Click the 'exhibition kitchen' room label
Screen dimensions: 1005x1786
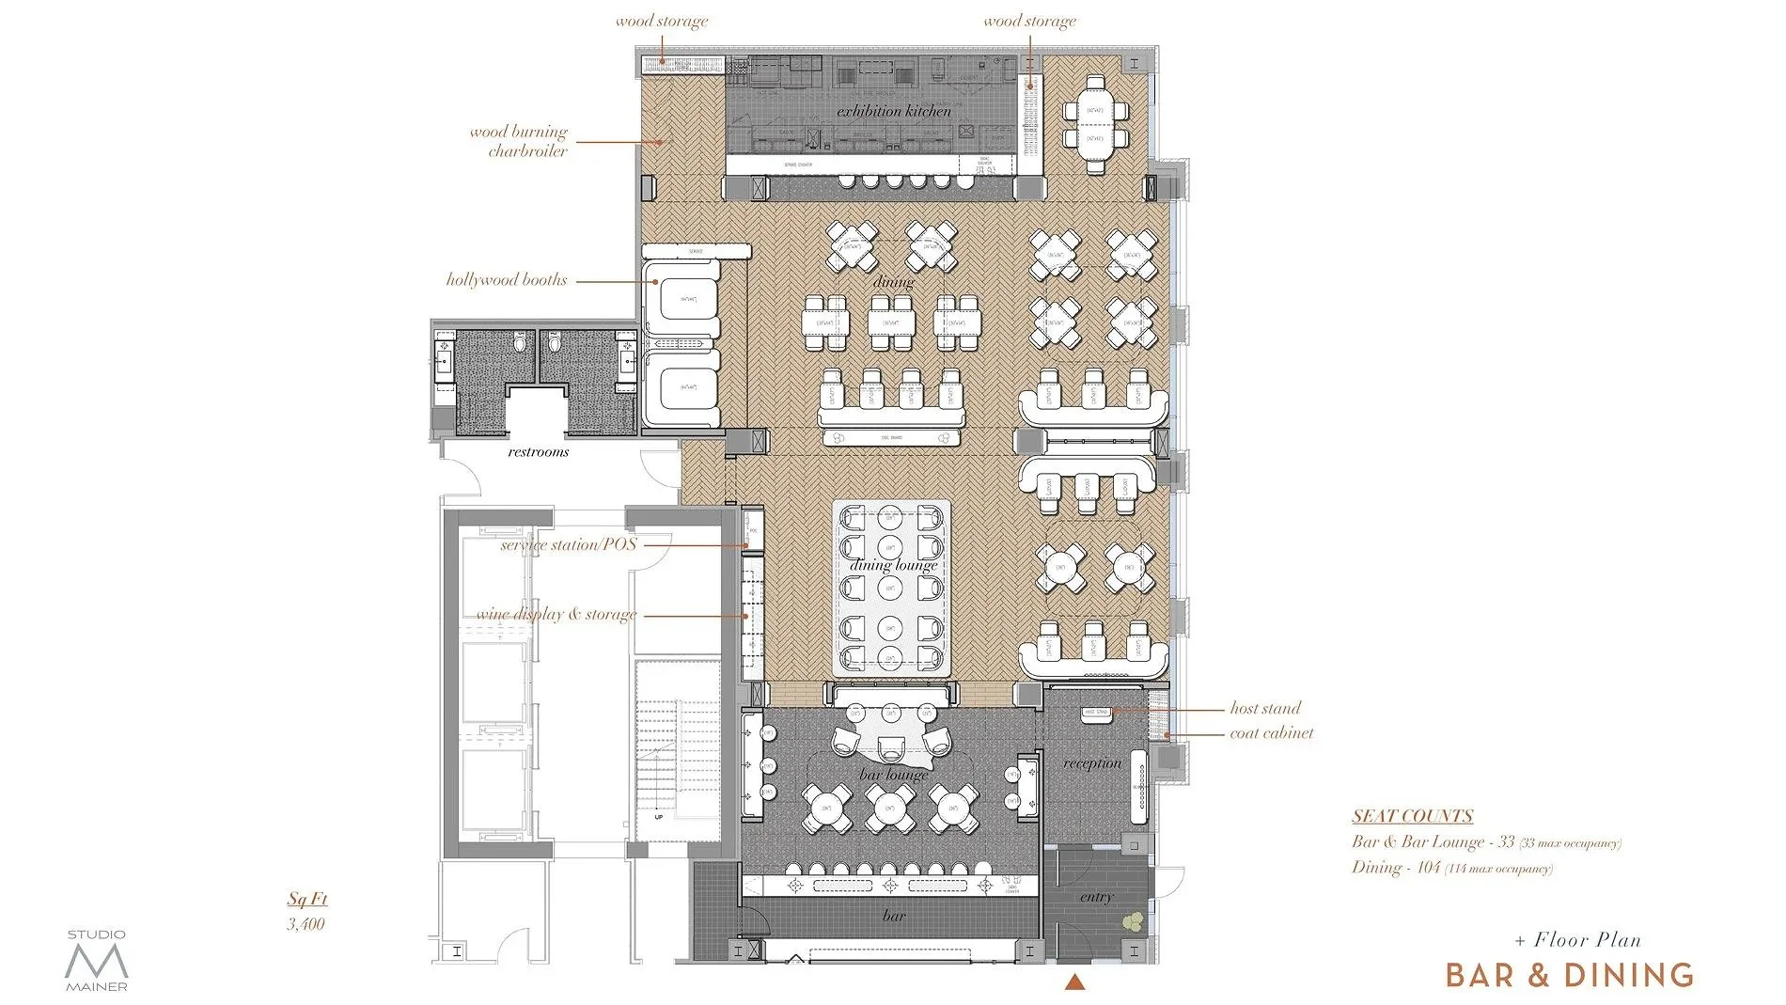click(x=894, y=111)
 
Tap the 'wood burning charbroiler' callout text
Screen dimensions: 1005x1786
click(x=519, y=141)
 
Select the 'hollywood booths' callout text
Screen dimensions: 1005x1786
click(x=507, y=279)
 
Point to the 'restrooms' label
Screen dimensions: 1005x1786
click(x=539, y=452)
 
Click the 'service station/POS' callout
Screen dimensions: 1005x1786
click(x=568, y=544)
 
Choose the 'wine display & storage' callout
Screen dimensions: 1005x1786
click(x=556, y=614)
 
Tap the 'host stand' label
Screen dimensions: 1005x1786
click(x=1265, y=708)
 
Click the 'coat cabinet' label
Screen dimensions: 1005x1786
click(x=1271, y=733)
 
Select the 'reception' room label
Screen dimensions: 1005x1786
click(x=1092, y=763)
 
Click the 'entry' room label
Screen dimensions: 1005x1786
click(x=1096, y=897)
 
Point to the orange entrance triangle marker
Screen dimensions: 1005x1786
click(x=1075, y=982)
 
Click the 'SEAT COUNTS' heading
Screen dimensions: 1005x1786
click(x=1412, y=816)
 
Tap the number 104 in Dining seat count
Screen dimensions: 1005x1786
click(x=1429, y=867)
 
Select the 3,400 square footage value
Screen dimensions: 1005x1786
click(x=306, y=924)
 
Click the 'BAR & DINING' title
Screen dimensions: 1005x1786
click(x=1570, y=975)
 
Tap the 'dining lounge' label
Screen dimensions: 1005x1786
click(x=893, y=564)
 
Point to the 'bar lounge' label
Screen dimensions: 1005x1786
click(x=893, y=775)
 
